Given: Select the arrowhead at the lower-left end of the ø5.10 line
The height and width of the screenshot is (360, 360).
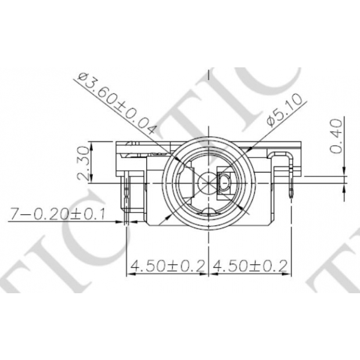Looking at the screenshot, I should [168, 216].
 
